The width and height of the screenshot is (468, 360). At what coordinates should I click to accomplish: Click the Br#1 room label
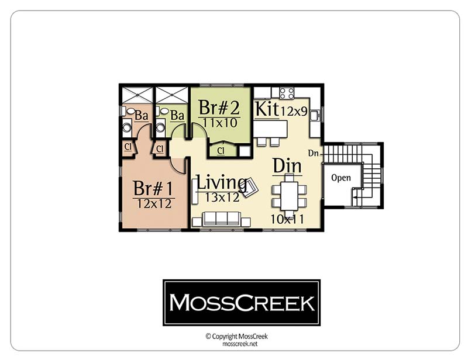click(x=153, y=188)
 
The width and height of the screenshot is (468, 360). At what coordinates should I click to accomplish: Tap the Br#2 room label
click(x=219, y=108)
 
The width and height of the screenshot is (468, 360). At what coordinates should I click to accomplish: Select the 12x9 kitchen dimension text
click(x=294, y=111)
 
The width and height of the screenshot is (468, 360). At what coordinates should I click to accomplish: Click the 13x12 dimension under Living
click(x=222, y=197)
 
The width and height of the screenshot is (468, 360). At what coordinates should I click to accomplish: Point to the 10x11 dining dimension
click(x=287, y=219)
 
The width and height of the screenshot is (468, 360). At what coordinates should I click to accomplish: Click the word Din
click(x=287, y=166)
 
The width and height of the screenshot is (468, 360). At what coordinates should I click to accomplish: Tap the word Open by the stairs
click(x=341, y=178)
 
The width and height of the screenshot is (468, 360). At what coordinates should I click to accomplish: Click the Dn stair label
click(x=314, y=153)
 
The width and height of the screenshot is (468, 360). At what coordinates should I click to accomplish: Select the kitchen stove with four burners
click(x=287, y=93)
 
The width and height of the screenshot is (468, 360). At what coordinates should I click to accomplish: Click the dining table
click(x=289, y=195)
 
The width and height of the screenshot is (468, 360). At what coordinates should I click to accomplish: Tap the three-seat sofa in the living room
click(x=222, y=219)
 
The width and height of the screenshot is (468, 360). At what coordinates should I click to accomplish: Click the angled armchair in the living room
click(x=250, y=187)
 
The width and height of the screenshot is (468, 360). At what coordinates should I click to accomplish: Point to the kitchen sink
click(x=314, y=116)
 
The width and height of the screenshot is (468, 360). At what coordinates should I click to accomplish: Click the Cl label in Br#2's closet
click(x=221, y=151)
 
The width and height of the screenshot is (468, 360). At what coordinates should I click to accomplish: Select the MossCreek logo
click(x=242, y=303)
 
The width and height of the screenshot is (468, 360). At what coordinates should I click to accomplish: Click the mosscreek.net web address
click(x=240, y=344)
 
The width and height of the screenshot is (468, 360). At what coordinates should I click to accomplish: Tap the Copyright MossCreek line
click(x=236, y=337)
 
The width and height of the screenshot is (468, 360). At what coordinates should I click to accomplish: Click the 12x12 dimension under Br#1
click(x=154, y=204)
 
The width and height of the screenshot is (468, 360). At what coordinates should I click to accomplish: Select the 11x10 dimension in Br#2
click(x=220, y=123)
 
